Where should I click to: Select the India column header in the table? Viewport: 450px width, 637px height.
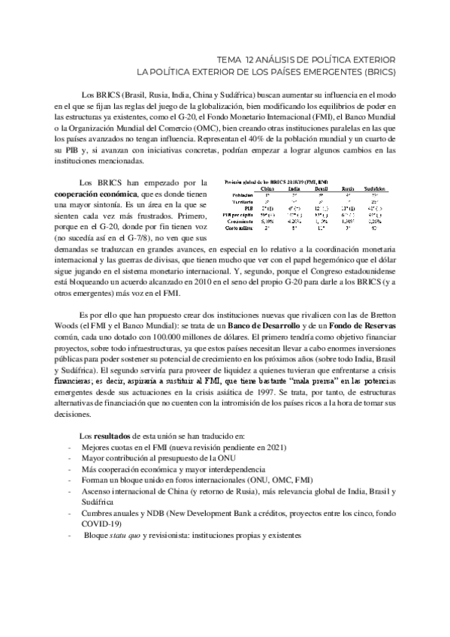[x=295, y=189]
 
